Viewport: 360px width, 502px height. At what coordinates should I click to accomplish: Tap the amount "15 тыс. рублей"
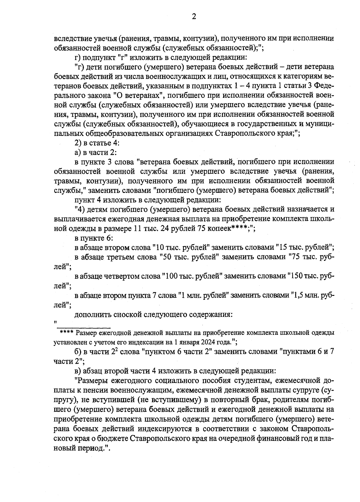[x=303, y=248]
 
